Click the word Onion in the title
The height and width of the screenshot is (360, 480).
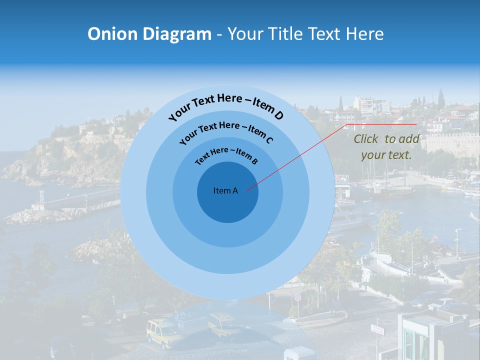pos(113,34)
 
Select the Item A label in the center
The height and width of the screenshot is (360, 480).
pos(225,190)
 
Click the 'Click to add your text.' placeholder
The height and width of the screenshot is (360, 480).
pos(386,147)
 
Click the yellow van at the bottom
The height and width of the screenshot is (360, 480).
pos(162,332)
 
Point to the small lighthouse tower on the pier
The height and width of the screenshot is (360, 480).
pos(41,198)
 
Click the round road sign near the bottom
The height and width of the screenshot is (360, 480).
pos(298,297)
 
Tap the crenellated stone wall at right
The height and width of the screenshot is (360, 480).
pos(450,142)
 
